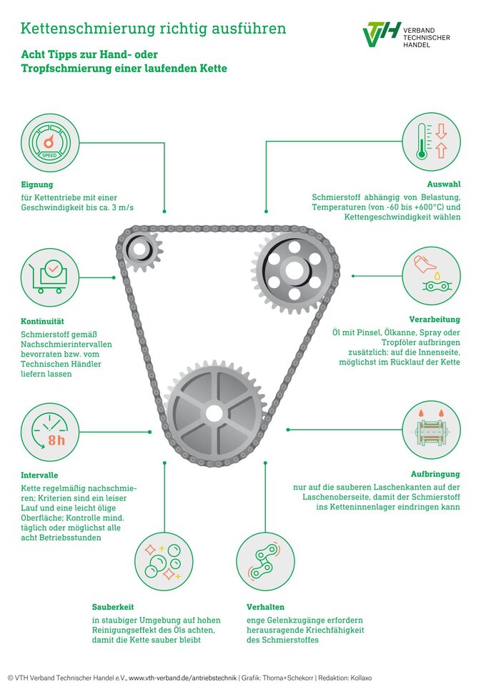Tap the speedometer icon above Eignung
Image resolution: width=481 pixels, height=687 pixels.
pyautogui.click(x=50, y=143)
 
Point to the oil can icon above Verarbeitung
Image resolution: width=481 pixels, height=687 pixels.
pyautogui.click(x=431, y=276)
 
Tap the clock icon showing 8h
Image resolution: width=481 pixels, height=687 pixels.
pyautogui.click(x=50, y=431)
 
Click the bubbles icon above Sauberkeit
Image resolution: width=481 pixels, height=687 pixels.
pyautogui.click(x=164, y=561)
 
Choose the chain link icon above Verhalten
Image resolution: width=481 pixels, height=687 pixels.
pyautogui.click(x=265, y=561)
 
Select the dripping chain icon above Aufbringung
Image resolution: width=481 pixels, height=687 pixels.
pyautogui.click(x=431, y=430)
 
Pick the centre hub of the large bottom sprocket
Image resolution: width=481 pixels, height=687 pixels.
pyautogui.click(x=214, y=412)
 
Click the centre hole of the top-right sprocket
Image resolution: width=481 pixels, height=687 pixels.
pyautogui.click(x=294, y=270)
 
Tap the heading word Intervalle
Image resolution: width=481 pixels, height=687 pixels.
pyautogui.click(x=40, y=475)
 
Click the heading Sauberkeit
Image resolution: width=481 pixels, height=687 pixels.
pyautogui.click(x=113, y=607)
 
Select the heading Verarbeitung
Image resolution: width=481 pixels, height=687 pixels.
pyautogui.click(x=435, y=320)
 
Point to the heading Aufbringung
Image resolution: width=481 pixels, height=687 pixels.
pyautogui.click(x=435, y=474)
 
